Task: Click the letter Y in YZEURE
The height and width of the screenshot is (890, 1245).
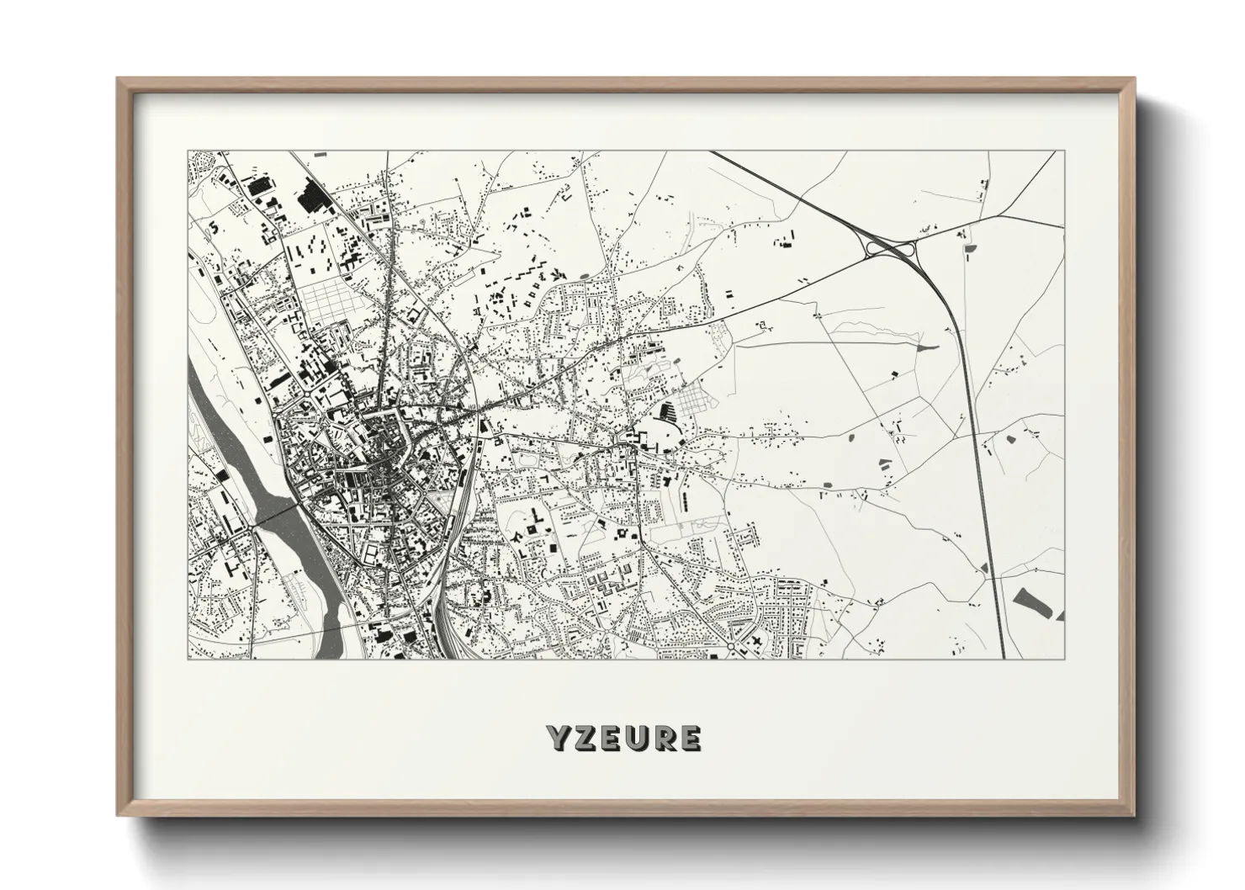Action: [559, 738]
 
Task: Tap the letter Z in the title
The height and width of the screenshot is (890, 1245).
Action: [585, 738]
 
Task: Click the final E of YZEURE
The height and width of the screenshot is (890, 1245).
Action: [689, 738]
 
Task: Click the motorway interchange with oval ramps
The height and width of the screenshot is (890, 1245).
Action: [889, 248]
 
